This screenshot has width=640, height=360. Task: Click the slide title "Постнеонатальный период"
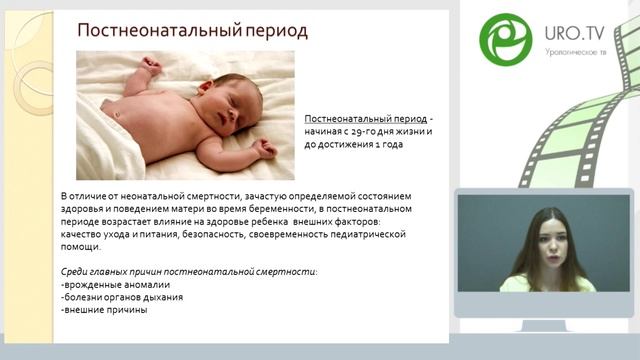pyautogui.click(x=193, y=31)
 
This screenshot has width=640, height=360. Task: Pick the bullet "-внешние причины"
pyautogui.click(x=104, y=310)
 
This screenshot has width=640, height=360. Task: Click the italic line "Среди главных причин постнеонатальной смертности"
pyautogui.click(x=189, y=272)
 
